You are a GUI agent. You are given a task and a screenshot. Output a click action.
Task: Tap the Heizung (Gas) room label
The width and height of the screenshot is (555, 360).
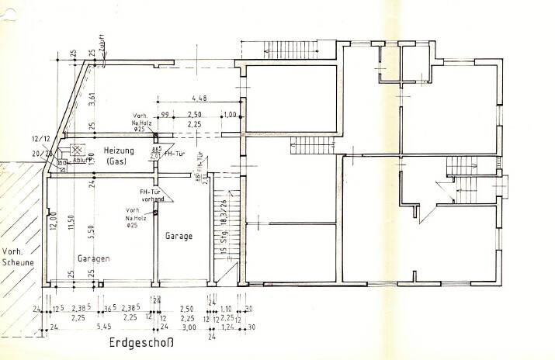tap(119, 155)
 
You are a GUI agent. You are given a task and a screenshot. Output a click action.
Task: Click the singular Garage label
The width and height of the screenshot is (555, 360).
tap(179, 236)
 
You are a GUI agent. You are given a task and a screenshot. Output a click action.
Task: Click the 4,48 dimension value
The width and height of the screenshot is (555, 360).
tap(199, 98)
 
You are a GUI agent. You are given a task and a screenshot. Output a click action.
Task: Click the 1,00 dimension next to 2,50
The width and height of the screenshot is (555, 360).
tap(229, 115)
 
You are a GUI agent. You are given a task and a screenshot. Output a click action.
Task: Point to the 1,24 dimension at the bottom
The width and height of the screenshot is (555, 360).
tap(227, 328)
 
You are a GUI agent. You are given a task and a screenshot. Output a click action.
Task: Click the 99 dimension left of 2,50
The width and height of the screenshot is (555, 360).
tap(164, 115)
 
